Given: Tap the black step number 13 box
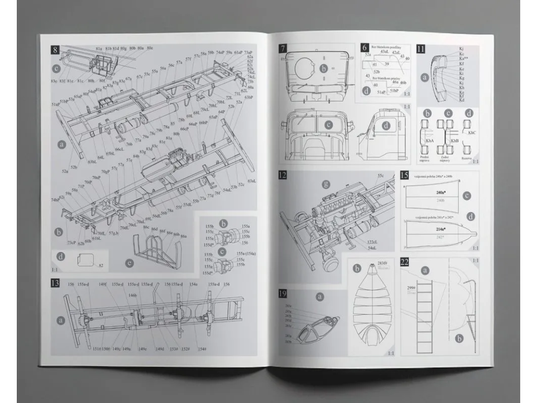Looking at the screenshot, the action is tap(55, 283).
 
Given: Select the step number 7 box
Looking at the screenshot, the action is tap(283, 48).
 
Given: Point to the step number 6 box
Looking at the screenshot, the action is tap(365, 47).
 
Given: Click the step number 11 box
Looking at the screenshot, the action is tap(421, 49).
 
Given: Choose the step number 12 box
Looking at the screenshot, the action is tap(283, 175).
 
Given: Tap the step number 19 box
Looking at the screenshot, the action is tap(283, 294).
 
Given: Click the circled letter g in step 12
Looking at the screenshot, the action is tap(326, 184).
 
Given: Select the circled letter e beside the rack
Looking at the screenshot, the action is tap(130, 262).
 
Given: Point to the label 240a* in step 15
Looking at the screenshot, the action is tap(441, 193).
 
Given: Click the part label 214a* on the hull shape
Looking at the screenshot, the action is tap(441, 229).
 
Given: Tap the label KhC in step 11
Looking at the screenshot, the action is tap(472, 133).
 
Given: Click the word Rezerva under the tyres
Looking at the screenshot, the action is tap(467, 157).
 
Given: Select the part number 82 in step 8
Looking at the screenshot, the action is tap(101, 266).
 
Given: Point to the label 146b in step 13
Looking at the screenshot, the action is tap(133, 295).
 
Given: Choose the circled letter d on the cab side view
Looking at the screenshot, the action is tap(386, 125).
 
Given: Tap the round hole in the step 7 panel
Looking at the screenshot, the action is tap(304, 68).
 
